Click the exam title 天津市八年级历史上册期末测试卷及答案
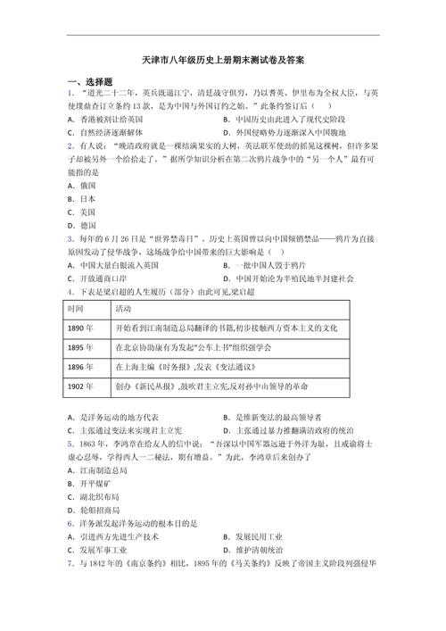click(223, 61)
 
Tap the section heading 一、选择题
click(89, 81)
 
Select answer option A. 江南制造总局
click(98, 469)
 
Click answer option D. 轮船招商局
click(98, 510)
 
